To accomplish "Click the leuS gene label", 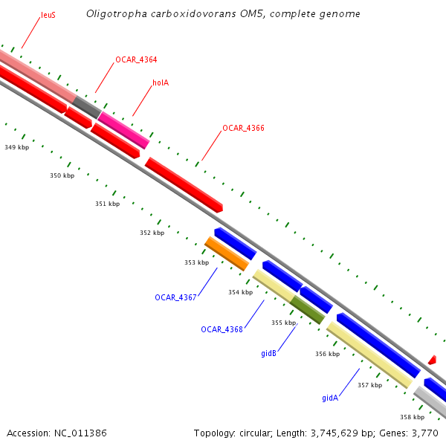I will coord(48,15).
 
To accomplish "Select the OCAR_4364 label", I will coord(136,59).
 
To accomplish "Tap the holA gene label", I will coord(161,83).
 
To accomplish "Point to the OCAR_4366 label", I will coord(243,128).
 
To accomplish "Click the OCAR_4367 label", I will coord(175,297).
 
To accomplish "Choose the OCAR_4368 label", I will coord(222,329).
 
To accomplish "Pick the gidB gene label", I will coord(268,353).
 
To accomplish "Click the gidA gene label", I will coord(330,398).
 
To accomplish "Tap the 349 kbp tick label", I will coord(16,147).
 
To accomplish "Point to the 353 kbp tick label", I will coord(196,262).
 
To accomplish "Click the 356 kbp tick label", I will coord(327,354).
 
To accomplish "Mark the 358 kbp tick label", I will coord(412,417).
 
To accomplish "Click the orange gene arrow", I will coord(227,253).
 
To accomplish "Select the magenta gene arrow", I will coord(123,129).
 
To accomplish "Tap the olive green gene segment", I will coord(307,309).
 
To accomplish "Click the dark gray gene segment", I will coord(86,106).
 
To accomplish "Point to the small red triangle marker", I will coord(432,360).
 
